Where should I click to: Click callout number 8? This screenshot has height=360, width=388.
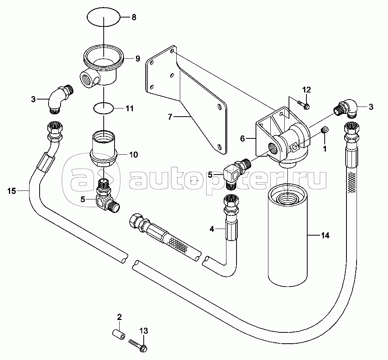coord(134,17)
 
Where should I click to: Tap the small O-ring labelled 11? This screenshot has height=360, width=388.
coord(104,108)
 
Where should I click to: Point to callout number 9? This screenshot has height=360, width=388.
coord(137,59)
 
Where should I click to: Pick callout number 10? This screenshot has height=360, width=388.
coord(133,155)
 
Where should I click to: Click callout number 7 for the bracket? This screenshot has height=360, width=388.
coord(170,116)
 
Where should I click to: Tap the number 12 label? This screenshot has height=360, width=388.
coord(307,90)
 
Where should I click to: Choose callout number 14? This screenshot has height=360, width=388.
coord(324,236)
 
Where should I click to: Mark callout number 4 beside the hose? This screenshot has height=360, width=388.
coord(212,229)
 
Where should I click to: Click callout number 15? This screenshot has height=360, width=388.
coord(12,190)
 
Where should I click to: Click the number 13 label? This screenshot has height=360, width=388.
coord(144,331)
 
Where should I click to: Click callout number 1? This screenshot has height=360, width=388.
coord(325,148)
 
